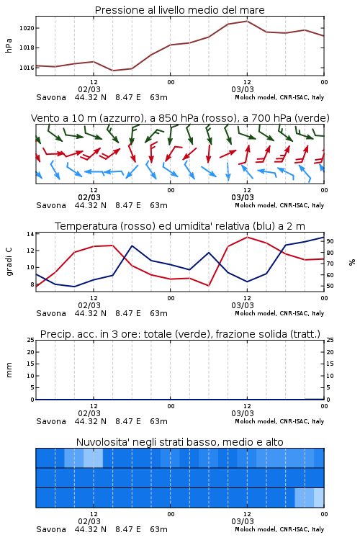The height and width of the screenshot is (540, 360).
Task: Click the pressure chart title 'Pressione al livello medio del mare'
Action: (x=179, y=10)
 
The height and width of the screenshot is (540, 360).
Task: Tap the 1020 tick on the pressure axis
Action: (x=27, y=28)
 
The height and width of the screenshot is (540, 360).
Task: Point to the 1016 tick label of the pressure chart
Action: (x=27, y=68)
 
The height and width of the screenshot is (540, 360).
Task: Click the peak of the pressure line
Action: (x=247, y=21)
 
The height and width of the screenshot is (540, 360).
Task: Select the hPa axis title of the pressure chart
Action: (x=9, y=45)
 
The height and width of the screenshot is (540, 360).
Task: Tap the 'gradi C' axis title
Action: (x=9, y=262)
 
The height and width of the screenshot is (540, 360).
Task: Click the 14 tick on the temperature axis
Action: (x=30, y=234)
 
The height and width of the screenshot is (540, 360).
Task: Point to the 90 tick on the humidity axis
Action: (x=330, y=241)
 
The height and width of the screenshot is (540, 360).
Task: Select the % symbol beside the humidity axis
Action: (x=352, y=262)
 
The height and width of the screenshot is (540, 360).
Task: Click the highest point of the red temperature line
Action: (x=247, y=237)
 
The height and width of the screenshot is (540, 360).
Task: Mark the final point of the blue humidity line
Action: (x=324, y=237)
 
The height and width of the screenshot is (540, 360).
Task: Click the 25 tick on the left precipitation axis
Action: (x=30, y=341)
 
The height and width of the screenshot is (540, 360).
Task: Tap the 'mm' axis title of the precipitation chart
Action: (x=9, y=370)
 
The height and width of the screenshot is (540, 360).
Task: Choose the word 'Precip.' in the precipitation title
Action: (x=54, y=334)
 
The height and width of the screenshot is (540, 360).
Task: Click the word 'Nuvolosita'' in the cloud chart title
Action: (x=100, y=442)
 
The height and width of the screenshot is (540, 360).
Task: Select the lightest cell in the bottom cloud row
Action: (x=319, y=498)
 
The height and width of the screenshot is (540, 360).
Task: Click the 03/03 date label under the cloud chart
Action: (x=243, y=521)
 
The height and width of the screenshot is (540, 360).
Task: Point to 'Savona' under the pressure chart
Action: (x=51, y=97)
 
